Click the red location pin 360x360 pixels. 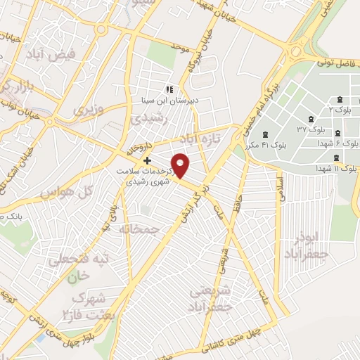pos(181,165)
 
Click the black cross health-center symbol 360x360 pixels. pos(147,160)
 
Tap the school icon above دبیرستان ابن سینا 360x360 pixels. pos(168,89)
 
